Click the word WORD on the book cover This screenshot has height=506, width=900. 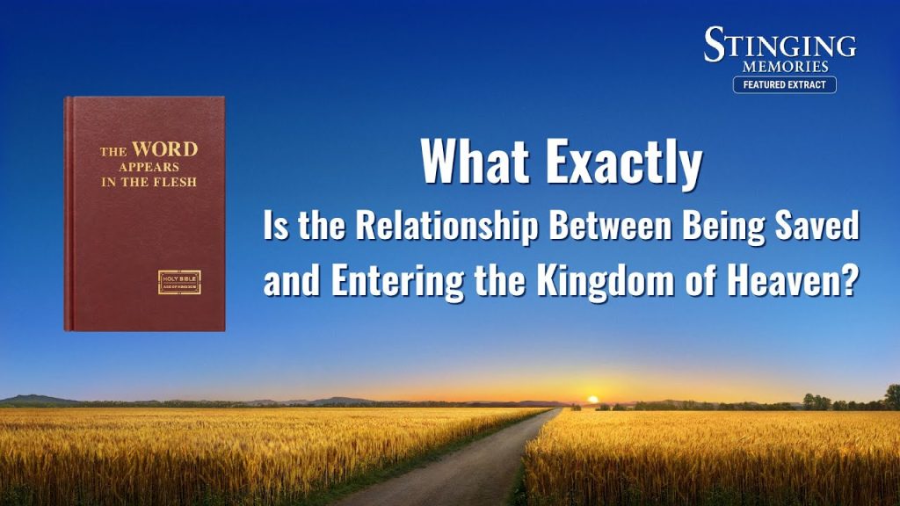click(x=164, y=149)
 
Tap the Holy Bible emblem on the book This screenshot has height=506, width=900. click(x=179, y=282)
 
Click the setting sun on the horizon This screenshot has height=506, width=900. click(x=593, y=400)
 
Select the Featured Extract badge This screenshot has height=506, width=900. click(x=785, y=85)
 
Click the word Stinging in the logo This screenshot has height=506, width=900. click(x=780, y=44)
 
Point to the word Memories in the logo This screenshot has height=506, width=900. click(x=785, y=67)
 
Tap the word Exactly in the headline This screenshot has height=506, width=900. click(x=624, y=163)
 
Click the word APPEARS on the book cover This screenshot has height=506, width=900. click(x=149, y=168)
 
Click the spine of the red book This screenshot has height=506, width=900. click(x=69, y=214)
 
